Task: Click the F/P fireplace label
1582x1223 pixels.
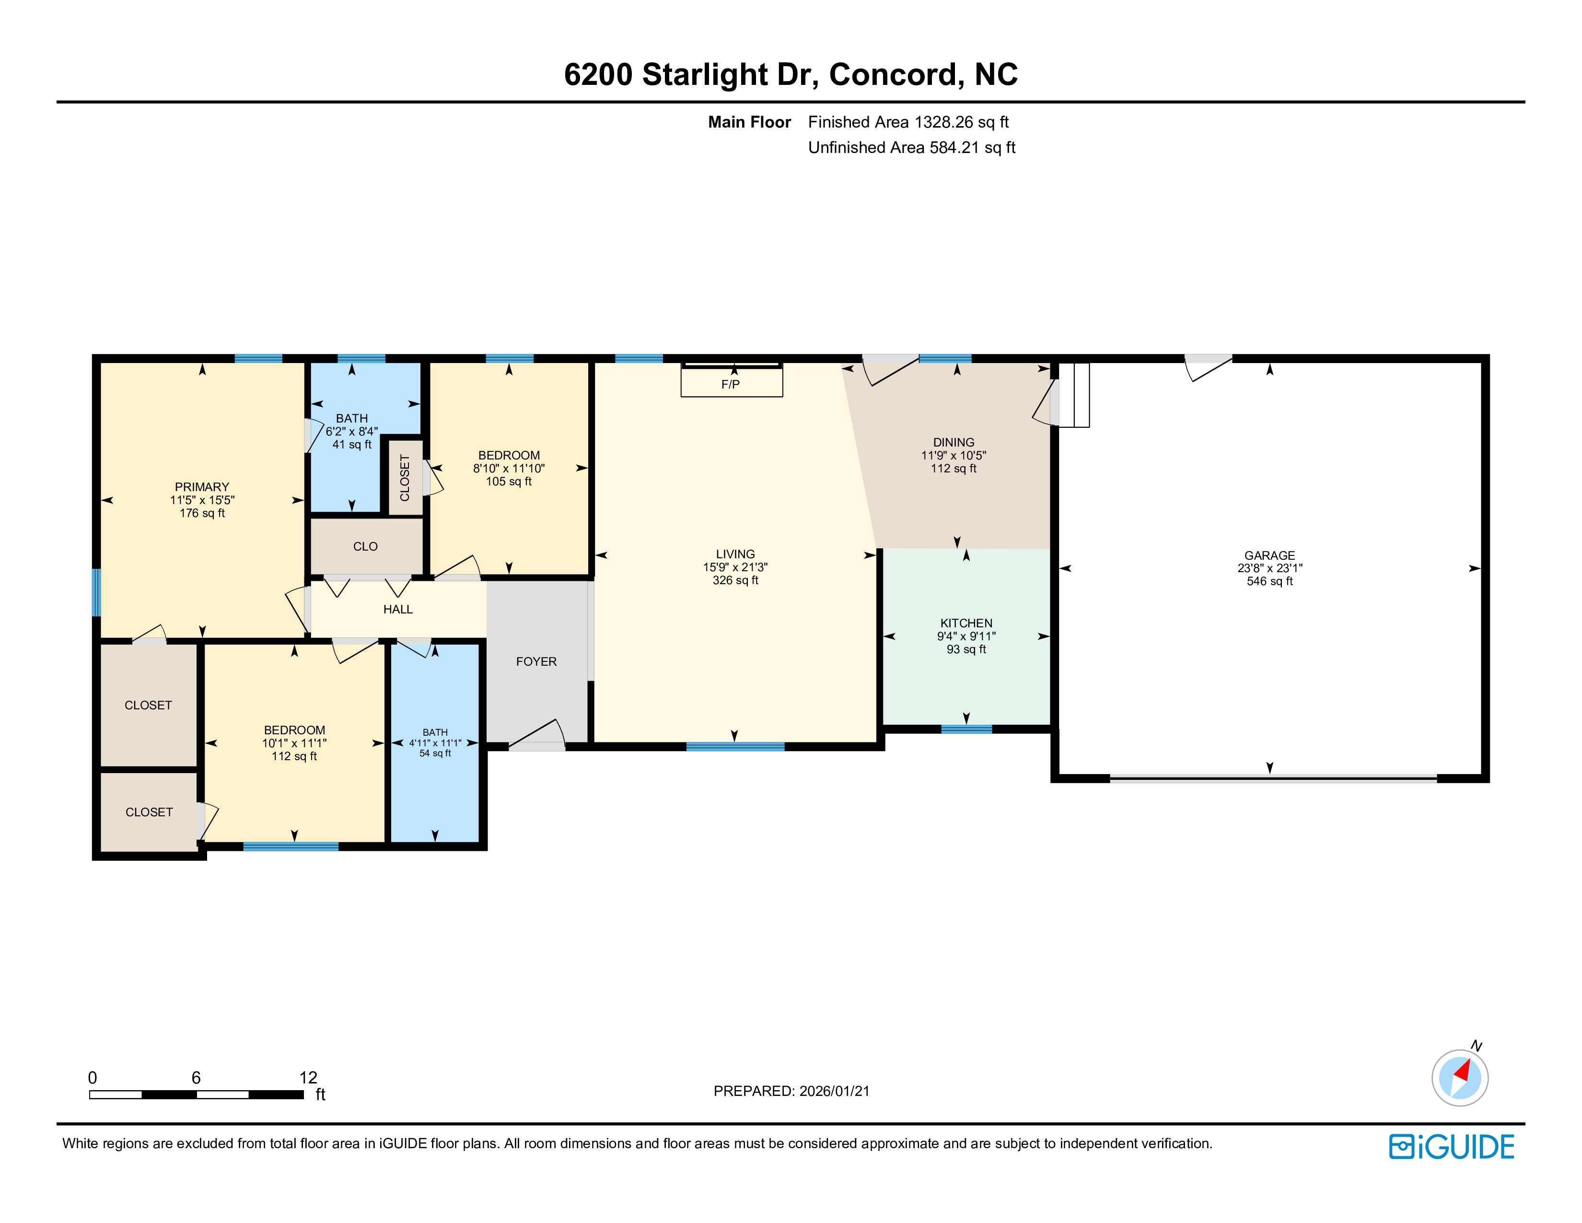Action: click(730, 384)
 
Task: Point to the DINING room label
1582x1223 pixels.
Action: click(953, 442)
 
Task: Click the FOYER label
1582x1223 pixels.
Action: click(536, 661)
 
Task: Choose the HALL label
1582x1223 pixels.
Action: click(398, 609)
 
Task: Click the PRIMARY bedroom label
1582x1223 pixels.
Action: click(202, 487)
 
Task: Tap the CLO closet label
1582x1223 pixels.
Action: click(365, 546)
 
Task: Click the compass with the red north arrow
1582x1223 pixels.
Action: click(1460, 1077)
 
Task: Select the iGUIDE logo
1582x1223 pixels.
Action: click(1452, 1147)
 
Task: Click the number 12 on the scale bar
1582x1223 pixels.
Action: click(308, 1077)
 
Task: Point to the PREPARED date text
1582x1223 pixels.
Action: click(791, 1091)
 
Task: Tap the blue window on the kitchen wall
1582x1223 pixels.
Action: click(966, 729)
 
